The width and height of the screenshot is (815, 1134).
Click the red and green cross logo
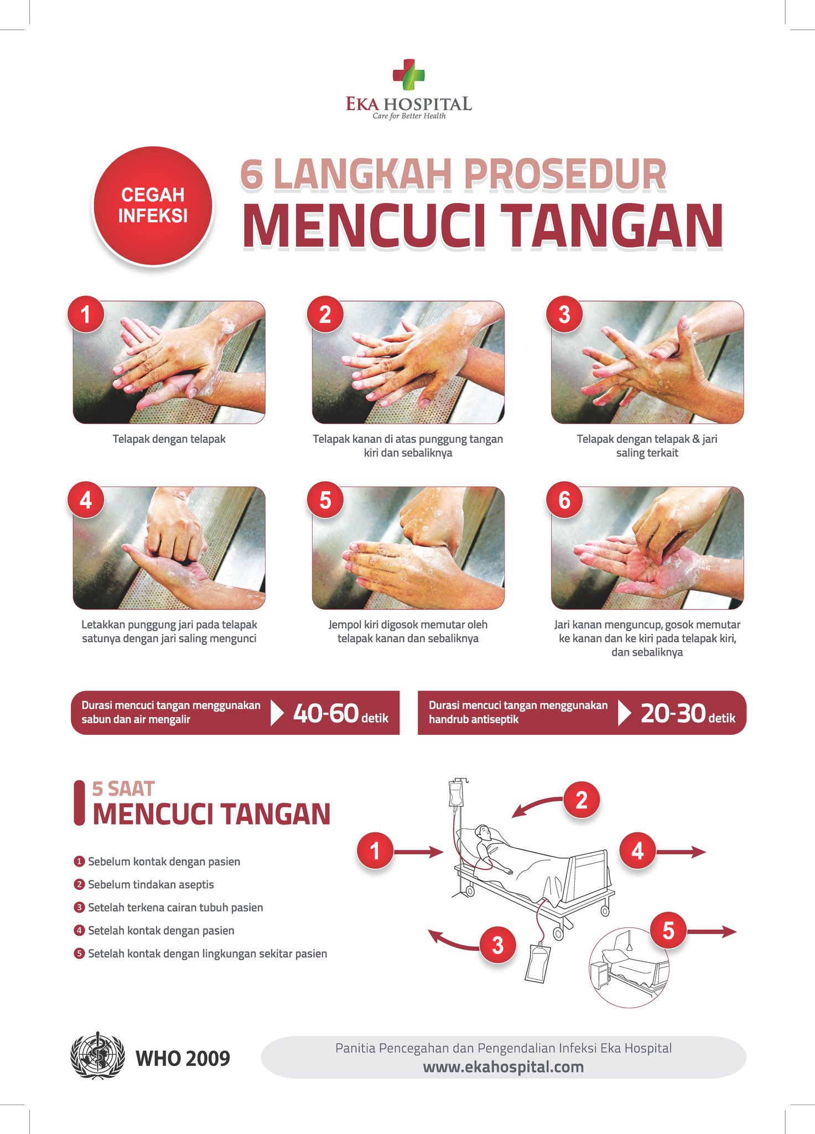pyautogui.click(x=408, y=75)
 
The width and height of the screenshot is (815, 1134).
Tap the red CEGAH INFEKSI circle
pyautogui.click(x=153, y=205)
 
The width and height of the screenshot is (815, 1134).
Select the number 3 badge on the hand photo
pyautogui.click(x=564, y=314)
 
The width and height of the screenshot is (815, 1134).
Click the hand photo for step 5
pyautogui.click(x=408, y=548)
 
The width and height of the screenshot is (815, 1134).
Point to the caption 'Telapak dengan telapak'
pyautogui.click(x=169, y=439)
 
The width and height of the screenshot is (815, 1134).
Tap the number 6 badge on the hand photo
pyautogui.click(x=564, y=500)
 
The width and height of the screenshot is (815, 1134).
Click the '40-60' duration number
pyautogui.click(x=326, y=713)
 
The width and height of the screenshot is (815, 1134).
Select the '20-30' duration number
pyautogui.click(x=673, y=713)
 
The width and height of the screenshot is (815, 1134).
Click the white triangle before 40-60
pyautogui.click(x=277, y=713)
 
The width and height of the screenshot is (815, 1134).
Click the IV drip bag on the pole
pyautogui.click(x=456, y=794)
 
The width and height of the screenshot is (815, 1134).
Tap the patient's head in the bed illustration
pyautogui.click(x=484, y=832)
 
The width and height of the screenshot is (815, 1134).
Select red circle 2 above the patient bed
pyautogui.click(x=582, y=800)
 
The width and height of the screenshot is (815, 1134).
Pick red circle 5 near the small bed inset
pyautogui.click(x=668, y=931)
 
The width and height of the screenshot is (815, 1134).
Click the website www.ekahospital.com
pyautogui.click(x=503, y=1067)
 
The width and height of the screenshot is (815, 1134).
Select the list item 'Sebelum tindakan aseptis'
pyautogui.click(x=150, y=884)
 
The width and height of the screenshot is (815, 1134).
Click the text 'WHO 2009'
pyautogui.click(x=183, y=1058)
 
